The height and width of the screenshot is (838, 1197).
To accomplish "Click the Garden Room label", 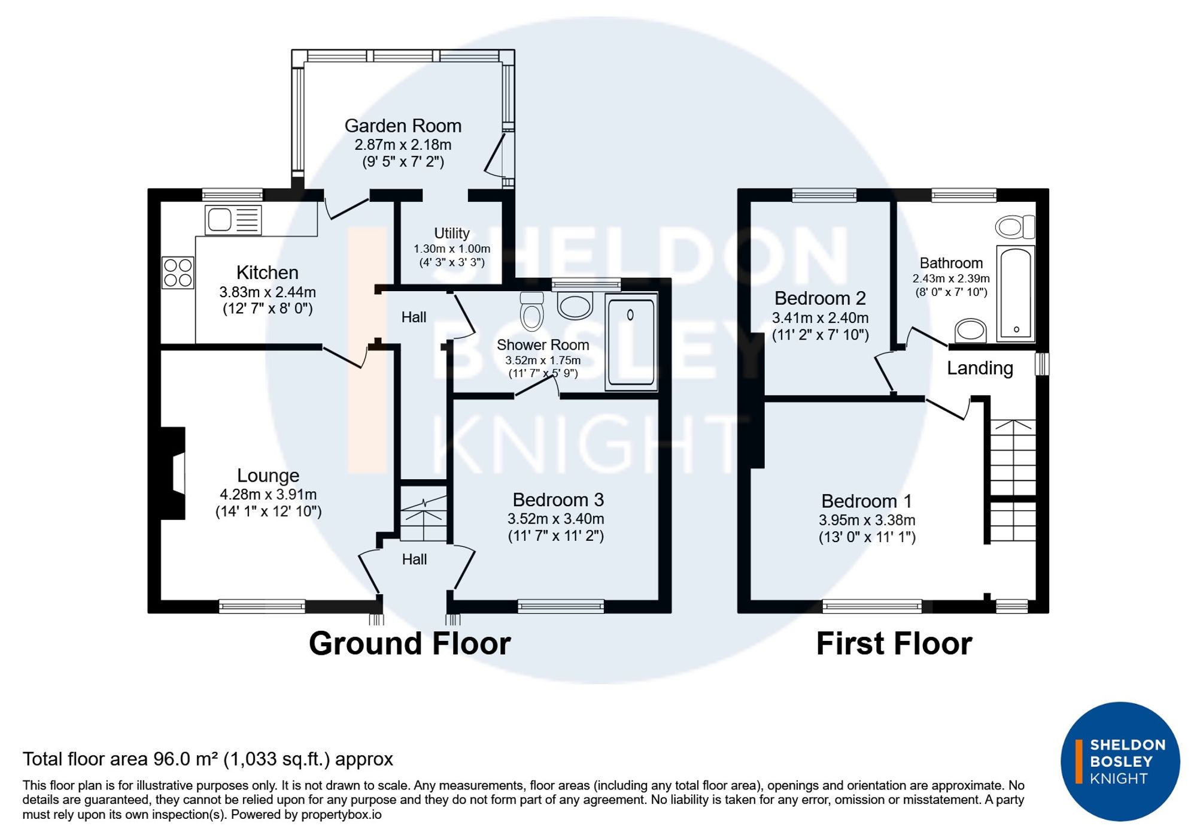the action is click(403, 126).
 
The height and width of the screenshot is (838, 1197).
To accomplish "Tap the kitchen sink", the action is click(233, 220).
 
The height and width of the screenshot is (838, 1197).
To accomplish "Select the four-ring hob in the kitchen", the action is click(178, 273).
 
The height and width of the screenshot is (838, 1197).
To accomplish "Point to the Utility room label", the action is click(452, 233).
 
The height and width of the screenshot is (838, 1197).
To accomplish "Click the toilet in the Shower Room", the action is click(531, 311).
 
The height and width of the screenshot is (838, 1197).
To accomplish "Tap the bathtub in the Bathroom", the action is click(1016, 293).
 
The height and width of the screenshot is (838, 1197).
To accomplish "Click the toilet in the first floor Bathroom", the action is click(1015, 227).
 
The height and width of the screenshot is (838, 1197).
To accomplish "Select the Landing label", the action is click(980, 368).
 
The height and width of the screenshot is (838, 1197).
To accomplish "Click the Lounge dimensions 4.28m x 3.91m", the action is click(268, 495).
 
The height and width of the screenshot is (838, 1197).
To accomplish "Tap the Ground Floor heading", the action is click(410, 643).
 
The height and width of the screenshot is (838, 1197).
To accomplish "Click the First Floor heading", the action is click(894, 643).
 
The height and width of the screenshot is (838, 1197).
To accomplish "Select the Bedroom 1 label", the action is click(867, 501).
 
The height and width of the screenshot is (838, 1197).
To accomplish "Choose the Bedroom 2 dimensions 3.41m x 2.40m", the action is click(820, 317).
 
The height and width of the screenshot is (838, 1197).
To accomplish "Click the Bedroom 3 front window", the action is click(561, 606).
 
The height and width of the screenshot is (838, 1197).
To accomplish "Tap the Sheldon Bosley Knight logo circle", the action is click(1120, 761).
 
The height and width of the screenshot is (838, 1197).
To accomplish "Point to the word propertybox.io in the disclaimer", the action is click(341, 815).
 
